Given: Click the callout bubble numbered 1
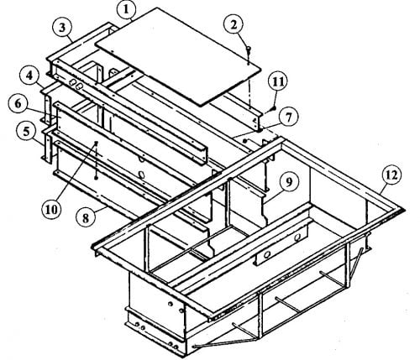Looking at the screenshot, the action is [x=127, y=9].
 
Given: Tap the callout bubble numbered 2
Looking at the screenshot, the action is [x=234, y=24].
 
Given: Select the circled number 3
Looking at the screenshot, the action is [x=62, y=28].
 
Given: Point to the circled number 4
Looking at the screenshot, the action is [x=29, y=76].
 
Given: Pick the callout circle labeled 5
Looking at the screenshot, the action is [x=26, y=131].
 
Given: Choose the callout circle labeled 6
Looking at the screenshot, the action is [x=18, y=104].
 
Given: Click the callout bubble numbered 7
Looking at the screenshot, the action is [x=288, y=117].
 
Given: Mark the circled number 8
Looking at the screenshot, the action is [x=85, y=217].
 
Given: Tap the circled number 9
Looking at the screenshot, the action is [x=289, y=182].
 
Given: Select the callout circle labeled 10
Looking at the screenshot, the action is [x=51, y=210].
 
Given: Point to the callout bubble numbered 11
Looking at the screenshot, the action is [x=278, y=82].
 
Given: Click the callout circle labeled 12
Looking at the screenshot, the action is [x=391, y=175].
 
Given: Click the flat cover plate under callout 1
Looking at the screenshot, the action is [x=178, y=56].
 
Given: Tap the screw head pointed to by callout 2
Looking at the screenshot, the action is [x=249, y=48].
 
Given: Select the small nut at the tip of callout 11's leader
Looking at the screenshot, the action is [x=274, y=108].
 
